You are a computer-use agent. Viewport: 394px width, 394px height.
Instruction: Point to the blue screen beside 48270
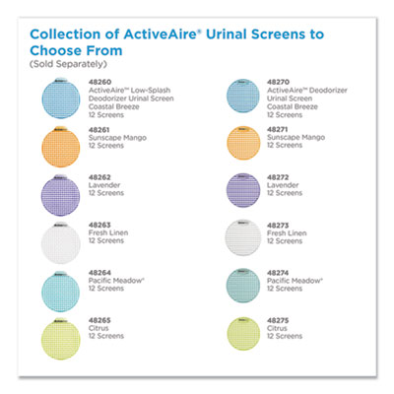point(241,98)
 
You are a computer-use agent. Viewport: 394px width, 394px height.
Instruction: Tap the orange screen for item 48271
point(241,145)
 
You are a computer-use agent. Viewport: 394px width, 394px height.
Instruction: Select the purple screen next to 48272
point(241,192)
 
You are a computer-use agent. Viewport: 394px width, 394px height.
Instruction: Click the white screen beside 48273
point(241,239)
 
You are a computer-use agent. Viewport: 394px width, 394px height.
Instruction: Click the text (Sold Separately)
point(64,64)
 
